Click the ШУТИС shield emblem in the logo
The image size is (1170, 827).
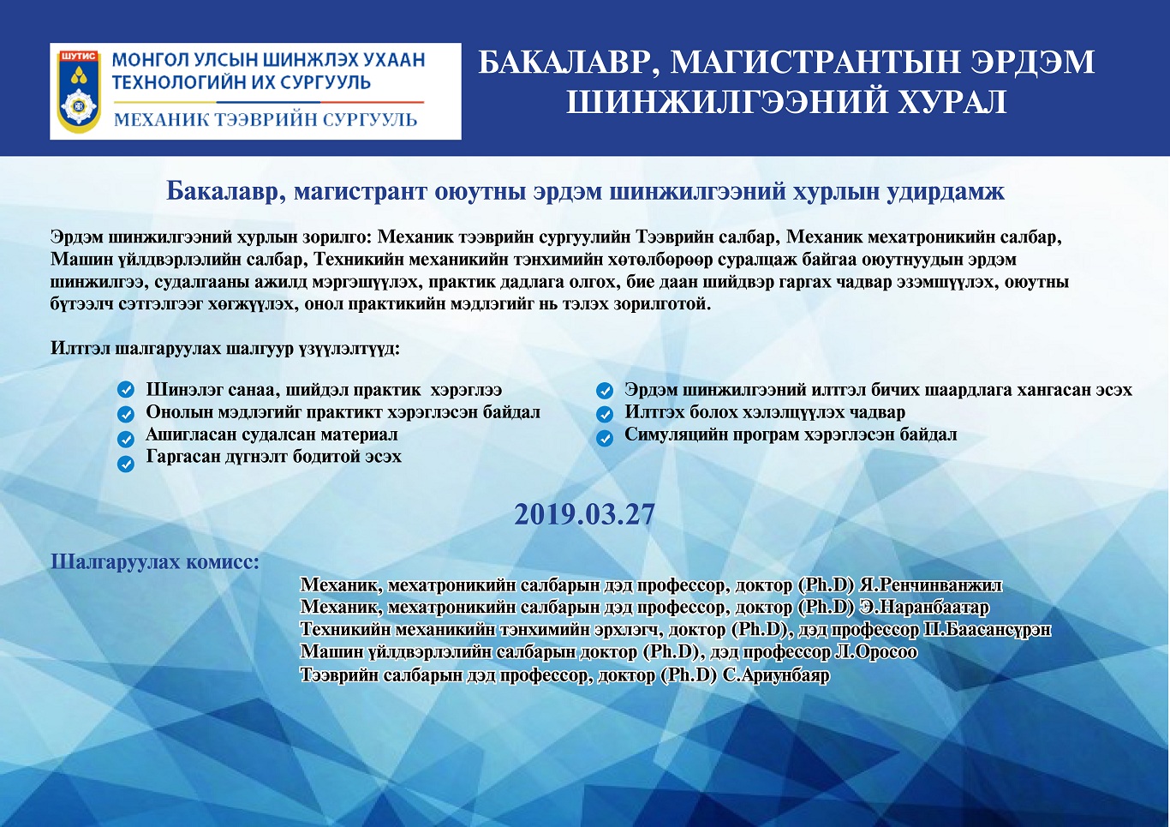tap(78, 91)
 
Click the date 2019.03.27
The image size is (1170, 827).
tap(584, 515)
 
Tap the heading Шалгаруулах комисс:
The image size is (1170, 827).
tap(155, 562)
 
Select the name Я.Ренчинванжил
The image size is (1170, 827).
tap(931, 585)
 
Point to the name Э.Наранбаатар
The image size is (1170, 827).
tap(924, 608)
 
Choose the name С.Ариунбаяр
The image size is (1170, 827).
tap(776, 675)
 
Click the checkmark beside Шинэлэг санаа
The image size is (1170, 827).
tap(125, 390)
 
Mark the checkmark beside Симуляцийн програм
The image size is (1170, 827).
tap(605, 438)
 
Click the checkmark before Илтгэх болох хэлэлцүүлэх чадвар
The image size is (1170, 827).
tap(605, 415)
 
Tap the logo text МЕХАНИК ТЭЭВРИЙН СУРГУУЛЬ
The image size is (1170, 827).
tap(266, 120)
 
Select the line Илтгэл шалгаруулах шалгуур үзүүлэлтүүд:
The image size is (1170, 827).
tap(225, 348)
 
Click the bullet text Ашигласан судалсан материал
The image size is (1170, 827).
tap(272, 434)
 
